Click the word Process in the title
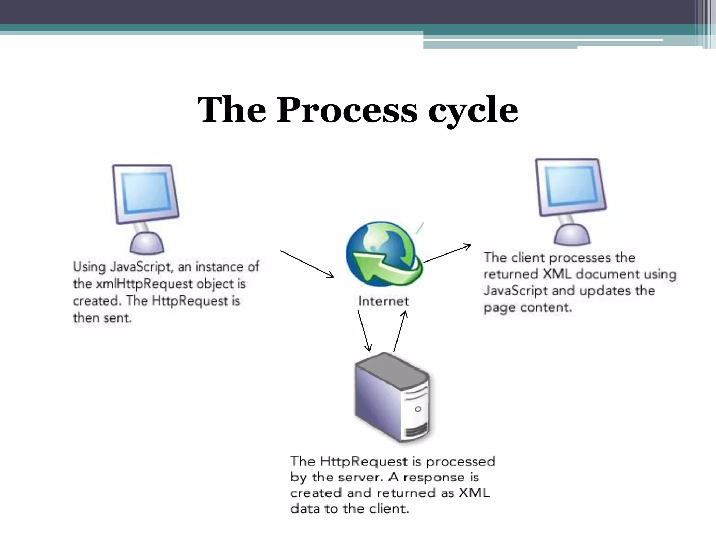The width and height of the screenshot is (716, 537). pyautogui.click(x=347, y=110)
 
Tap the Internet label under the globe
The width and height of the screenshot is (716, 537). pyautogui.click(x=383, y=301)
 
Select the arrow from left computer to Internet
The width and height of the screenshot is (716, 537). pyautogui.click(x=307, y=264)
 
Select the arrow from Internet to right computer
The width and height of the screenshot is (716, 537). pyautogui.click(x=447, y=253)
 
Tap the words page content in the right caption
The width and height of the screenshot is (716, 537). pyautogui.click(x=528, y=308)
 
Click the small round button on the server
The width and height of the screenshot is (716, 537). pyautogui.click(x=418, y=409)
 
